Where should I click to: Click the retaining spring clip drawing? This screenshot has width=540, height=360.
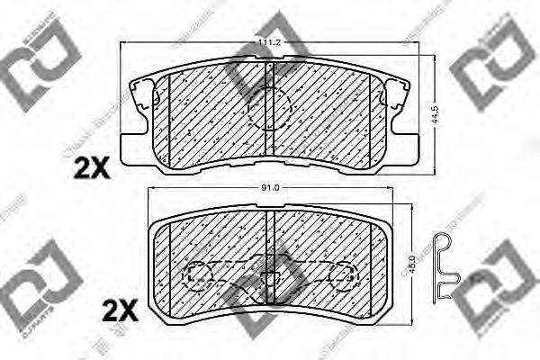[x=444, y=266]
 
